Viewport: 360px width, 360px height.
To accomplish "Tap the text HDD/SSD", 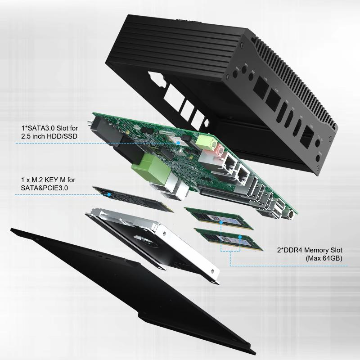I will pyautogui.click(x=64, y=136).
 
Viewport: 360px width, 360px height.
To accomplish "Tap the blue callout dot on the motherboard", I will pyautogui.click(x=178, y=142).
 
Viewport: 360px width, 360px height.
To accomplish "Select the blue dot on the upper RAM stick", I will pyautogui.click(x=222, y=221).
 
